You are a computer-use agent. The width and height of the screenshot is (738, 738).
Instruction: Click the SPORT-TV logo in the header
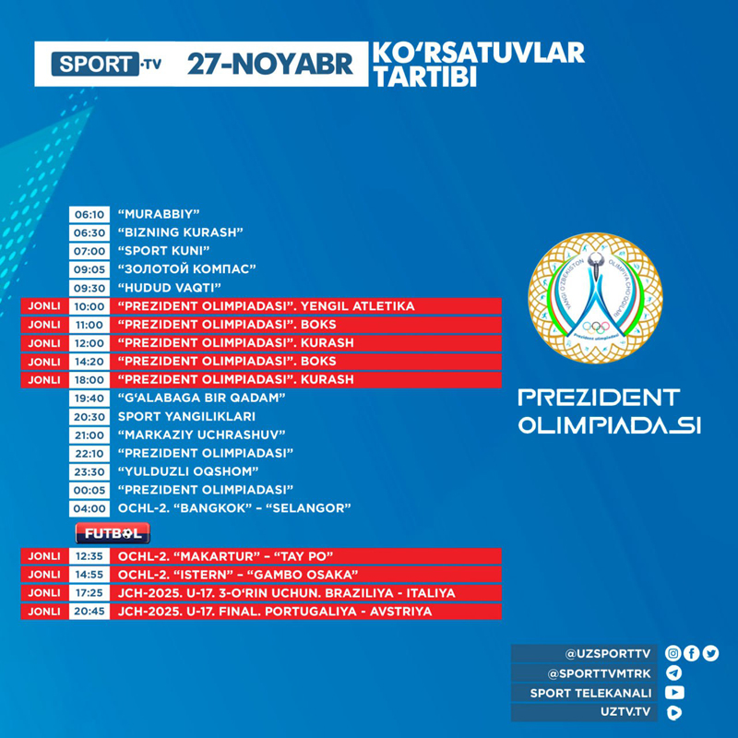(x=108, y=65)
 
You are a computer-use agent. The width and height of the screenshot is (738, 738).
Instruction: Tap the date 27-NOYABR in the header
(x=270, y=65)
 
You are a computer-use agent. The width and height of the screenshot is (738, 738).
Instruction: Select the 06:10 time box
(x=89, y=214)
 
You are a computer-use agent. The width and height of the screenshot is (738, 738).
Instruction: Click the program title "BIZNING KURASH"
(x=180, y=232)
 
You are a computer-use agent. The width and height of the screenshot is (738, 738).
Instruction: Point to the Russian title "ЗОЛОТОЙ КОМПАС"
(x=186, y=269)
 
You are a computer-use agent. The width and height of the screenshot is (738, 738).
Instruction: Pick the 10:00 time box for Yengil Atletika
(x=89, y=306)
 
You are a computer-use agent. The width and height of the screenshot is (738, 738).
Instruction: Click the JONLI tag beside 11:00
(x=43, y=325)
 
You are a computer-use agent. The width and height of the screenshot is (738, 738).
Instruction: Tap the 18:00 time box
(x=89, y=380)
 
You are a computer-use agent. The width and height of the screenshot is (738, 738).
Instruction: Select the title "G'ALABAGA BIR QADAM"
(x=201, y=398)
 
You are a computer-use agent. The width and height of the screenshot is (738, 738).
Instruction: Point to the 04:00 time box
(x=89, y=508)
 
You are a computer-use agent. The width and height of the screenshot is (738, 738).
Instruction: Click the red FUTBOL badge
(x=113, y=533)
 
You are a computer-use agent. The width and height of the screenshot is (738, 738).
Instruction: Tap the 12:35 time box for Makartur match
(x=89, y=556)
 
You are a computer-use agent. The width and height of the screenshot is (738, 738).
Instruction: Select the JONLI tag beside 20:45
(x=43, y=612)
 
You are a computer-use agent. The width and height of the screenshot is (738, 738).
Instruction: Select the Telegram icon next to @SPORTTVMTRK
(x=673, y=673)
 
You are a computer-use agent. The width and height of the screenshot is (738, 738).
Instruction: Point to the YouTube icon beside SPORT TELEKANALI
(x=674, y=693)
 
